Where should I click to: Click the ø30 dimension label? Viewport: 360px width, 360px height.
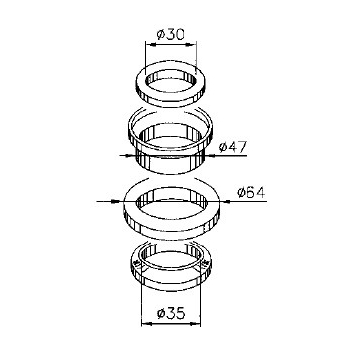[170, 35]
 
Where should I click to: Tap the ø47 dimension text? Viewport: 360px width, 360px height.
[233, 147]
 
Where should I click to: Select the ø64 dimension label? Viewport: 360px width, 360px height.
[251, 192]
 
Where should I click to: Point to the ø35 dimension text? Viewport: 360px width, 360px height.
[171, 314]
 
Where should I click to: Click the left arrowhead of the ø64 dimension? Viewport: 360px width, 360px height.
[115, 201]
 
